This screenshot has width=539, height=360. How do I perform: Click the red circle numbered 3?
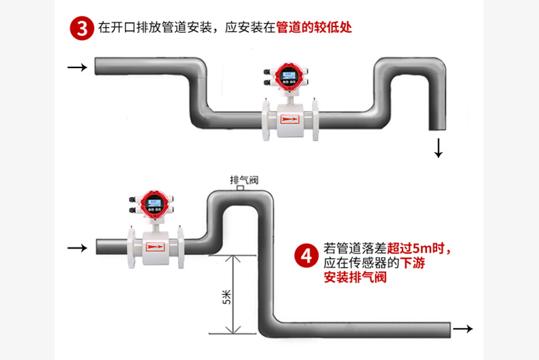pos(82,29)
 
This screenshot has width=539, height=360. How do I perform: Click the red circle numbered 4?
pos(306,256)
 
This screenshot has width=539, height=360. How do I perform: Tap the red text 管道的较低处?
pos(314,29)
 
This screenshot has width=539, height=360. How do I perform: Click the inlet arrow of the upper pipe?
pos(77,67)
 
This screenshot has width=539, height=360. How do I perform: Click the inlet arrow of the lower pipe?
pos(77,247)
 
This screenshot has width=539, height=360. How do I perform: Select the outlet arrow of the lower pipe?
pos(463,329)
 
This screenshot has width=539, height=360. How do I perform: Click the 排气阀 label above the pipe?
pos(244,181)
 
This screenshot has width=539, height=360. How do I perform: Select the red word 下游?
pos(412,262)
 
